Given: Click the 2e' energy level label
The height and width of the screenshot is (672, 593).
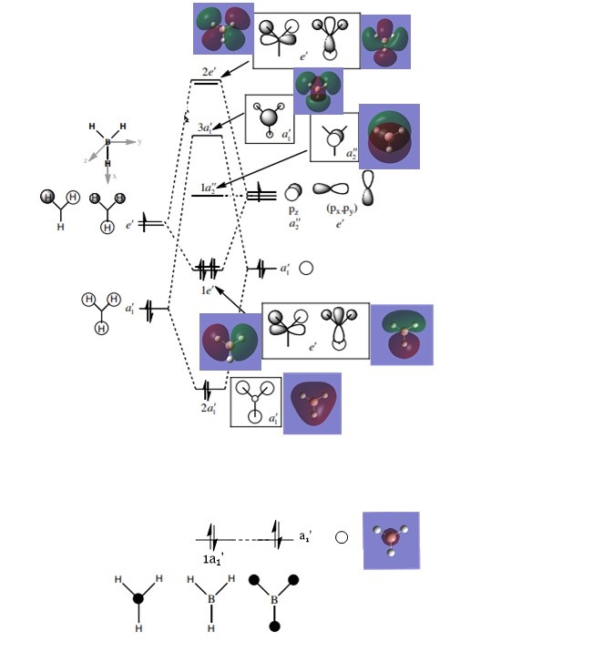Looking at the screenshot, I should (x=208, y=72).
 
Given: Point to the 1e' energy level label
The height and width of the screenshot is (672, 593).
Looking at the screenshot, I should (x=207, y=290).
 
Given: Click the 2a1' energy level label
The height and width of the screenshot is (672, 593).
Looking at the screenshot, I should (x=209, y=407).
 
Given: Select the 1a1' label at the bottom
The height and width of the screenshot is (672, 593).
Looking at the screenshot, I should (x=213, y=557).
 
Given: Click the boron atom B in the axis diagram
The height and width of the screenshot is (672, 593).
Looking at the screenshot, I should (x=107, y=142).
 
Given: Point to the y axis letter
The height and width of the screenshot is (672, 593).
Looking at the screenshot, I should (x=139, y=142).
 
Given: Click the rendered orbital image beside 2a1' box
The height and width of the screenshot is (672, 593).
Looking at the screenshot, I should (x=312, y=402).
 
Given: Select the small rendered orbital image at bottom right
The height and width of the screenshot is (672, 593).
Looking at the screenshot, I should (x=391, y=540).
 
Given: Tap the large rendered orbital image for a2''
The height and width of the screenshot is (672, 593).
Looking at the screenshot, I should (x=389, y=136).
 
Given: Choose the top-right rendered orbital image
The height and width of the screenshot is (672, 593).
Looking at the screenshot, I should (x=385, y=41).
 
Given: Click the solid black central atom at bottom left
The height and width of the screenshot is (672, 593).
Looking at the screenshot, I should (x=138, y=598).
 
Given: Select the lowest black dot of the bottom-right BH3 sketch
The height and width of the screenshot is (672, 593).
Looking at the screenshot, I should (x=274, y=626).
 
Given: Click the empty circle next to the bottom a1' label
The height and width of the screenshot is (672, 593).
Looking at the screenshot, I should (x=342, y=537).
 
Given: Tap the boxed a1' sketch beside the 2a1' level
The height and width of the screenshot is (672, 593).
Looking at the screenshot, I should (x=255, y=402).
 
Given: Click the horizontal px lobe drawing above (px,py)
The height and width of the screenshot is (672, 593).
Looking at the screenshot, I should (x=331, y=188).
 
